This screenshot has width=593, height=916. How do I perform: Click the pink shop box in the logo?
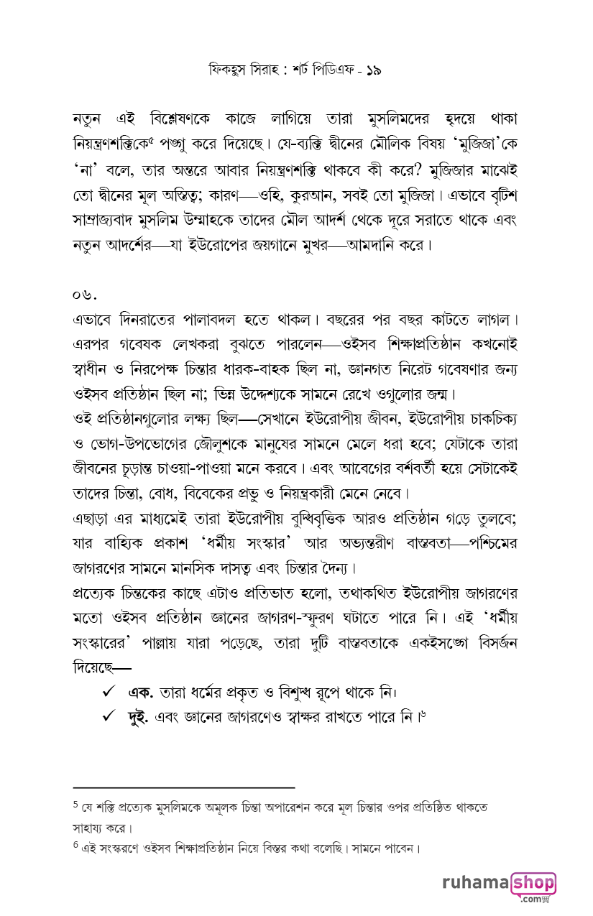click(x=533, y=883)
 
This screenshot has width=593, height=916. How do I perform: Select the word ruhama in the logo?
click(x=474, y=883)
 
